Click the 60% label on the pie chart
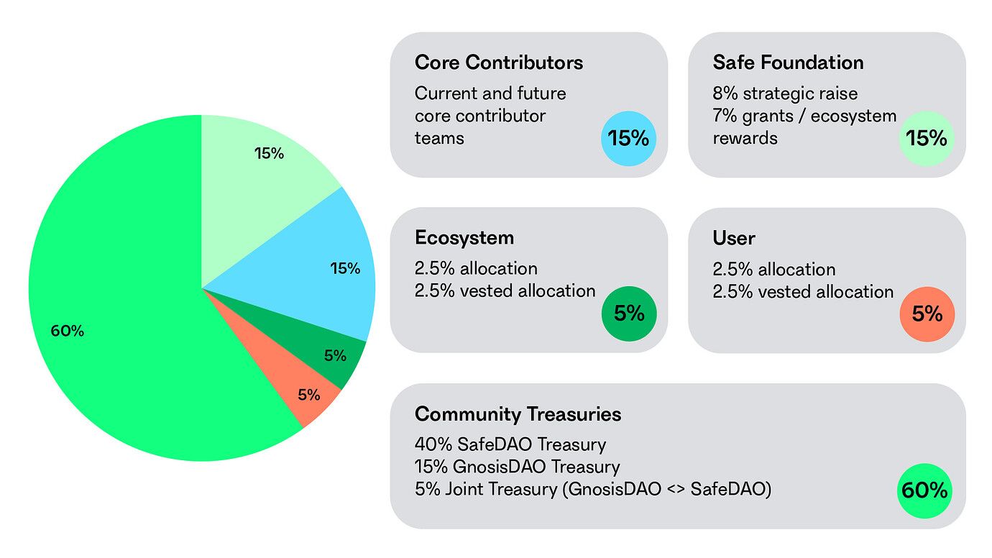[67, 331]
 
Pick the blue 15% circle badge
[628, 138]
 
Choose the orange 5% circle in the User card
[927, 314]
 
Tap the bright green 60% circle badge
[924, 490]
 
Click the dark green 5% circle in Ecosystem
[628, 314]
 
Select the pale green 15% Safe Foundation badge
[927, 138]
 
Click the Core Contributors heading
[498, 63]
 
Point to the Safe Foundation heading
[788, 63]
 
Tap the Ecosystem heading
[464, 238]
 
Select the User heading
[733, 238]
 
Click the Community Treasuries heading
[518, 414]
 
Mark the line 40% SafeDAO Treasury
[510, 444]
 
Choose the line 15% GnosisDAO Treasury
[517, 467]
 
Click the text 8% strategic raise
[785, 93]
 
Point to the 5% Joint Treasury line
[592, 490]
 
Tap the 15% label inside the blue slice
[345, 269]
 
